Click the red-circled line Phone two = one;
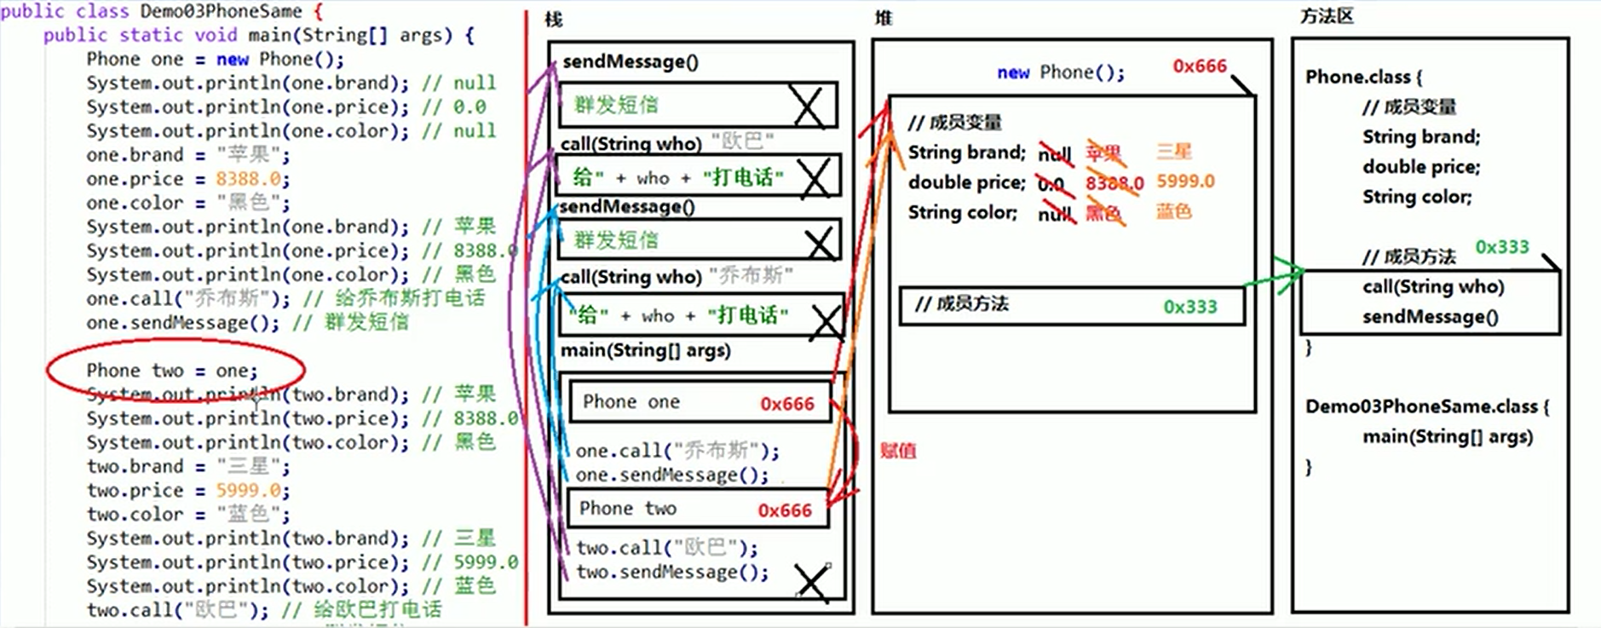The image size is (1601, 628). pyautogui.click(x=171, y=371)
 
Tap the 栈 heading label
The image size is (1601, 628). pyautogui.click(x=554, y=20)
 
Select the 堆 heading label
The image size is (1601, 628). pyautogui.click(x=884, y=18)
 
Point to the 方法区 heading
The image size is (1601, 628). pyautogui.click(x=1327, y=16)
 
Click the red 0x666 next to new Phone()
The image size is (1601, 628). pyautogui.click(x=1199, y=66)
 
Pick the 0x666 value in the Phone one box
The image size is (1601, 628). pyautogui.click(x=786, y=404)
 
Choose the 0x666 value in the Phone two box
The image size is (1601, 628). pyautogui.click(x=784, y=510)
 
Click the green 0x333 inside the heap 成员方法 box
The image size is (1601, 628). pyautogui.click(x=1189, y=307)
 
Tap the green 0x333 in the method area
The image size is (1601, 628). pyautogui.click(x=1501, y=247)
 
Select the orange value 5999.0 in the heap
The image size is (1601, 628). pyautogui.click(x=1184, y=181)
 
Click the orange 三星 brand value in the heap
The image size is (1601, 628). pyautogui.click(x=1173, y=152)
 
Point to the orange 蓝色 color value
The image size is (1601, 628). pyautogui.click(x=1173, y=211)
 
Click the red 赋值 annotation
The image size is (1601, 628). pyautogui.click(x=897, y=451)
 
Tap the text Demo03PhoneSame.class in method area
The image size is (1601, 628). pyautogui.click(x=1420, y=406)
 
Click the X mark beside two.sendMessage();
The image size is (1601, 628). pyautogui.click(x=810, y=583)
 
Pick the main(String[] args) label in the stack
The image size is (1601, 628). pyautogui.click(x=645, y=350)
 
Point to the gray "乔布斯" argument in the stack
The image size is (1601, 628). pyautogui.click(x=751, y=275)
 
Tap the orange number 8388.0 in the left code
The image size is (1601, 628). pyautogui.click(x=248, y=179)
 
